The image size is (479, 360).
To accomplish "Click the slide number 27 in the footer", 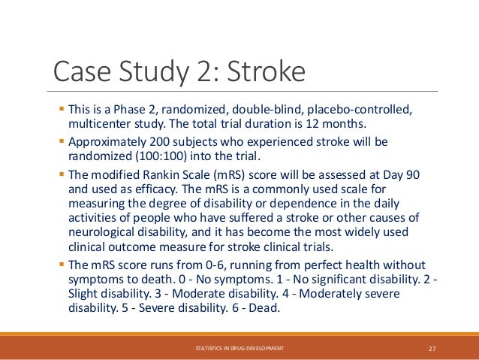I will [432, 348].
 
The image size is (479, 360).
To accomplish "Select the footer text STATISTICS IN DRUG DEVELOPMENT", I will [239, 348].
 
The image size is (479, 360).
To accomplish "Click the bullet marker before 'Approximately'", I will [62, 141].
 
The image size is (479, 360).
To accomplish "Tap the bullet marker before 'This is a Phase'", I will [62, 109].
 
